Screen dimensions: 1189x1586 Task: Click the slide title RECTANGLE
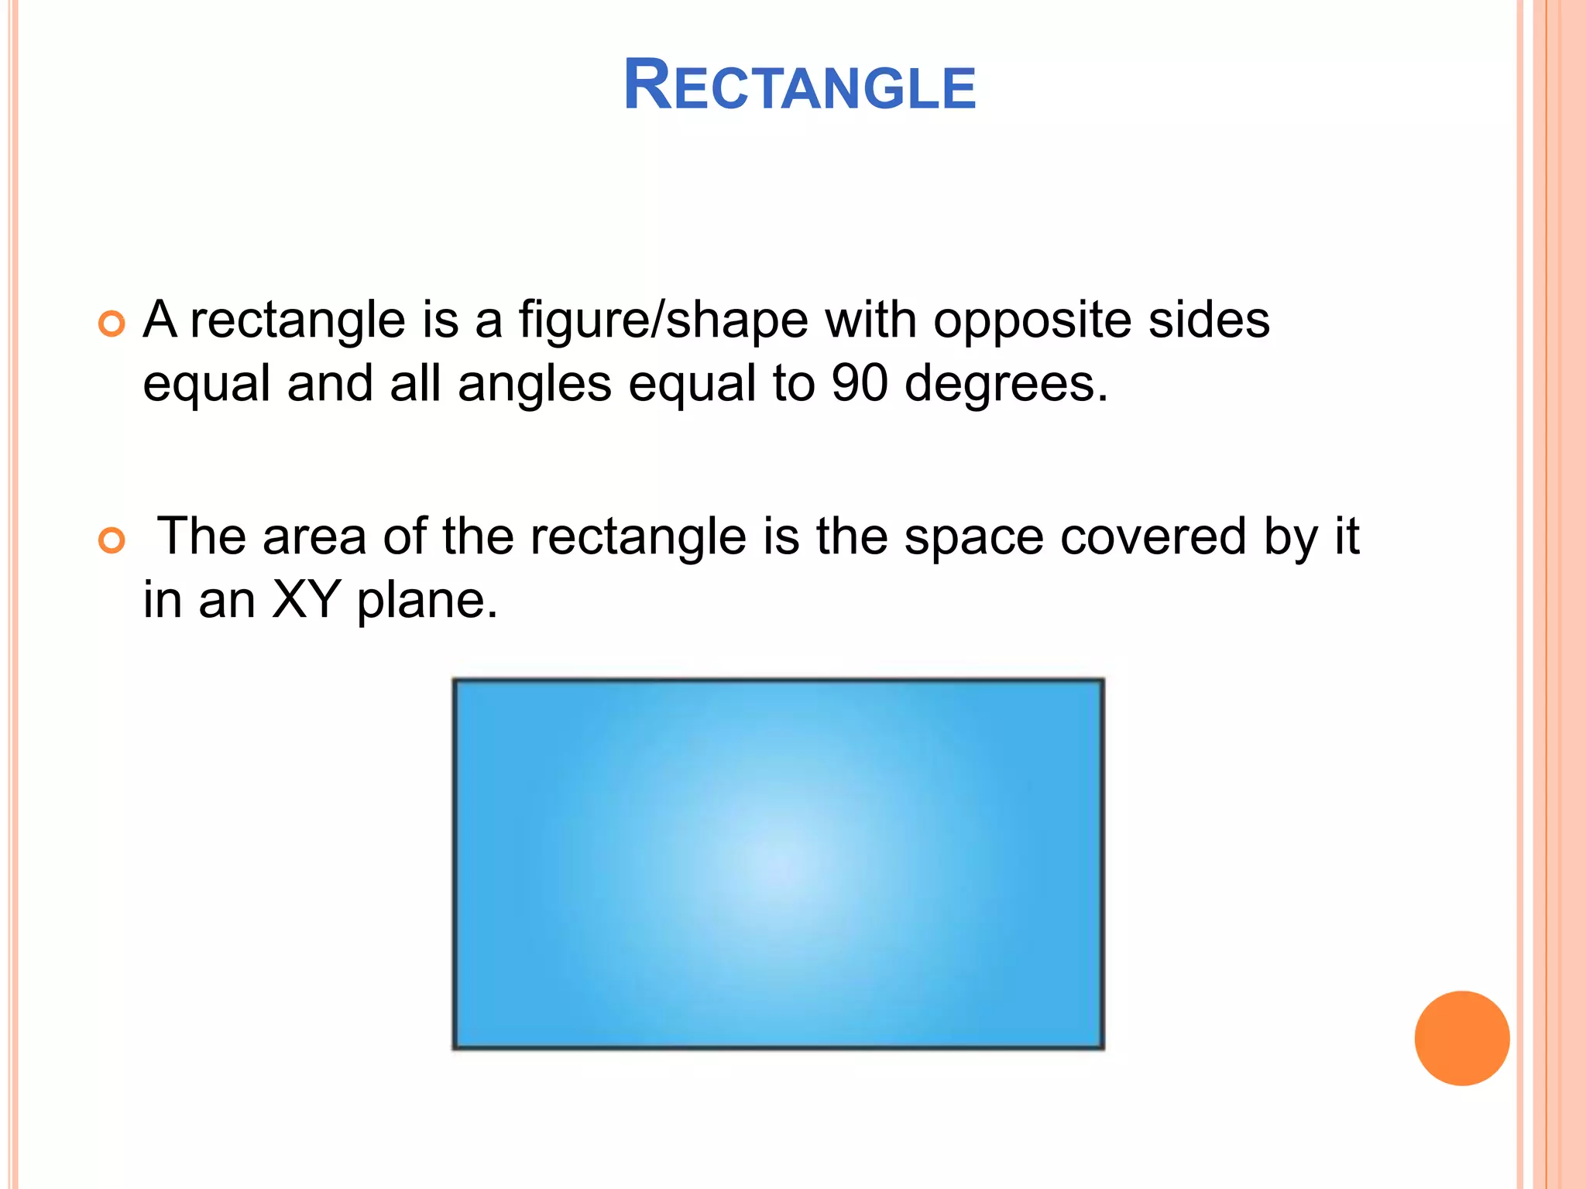click(799, 86)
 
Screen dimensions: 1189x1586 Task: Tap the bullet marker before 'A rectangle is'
click(112, 324)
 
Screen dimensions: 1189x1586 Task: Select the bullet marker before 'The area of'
click(112, 541)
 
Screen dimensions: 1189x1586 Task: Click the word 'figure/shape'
click(663, 320)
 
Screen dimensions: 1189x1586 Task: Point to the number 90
click(859, 383)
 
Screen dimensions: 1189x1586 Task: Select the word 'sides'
click(1209, 320)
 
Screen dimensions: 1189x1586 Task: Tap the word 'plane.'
click(427, 601)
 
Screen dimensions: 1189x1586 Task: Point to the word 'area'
click(314, 536)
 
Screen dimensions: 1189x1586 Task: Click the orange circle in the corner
click(1461, 1038)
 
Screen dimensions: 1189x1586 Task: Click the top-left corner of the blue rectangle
click(455, 681)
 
